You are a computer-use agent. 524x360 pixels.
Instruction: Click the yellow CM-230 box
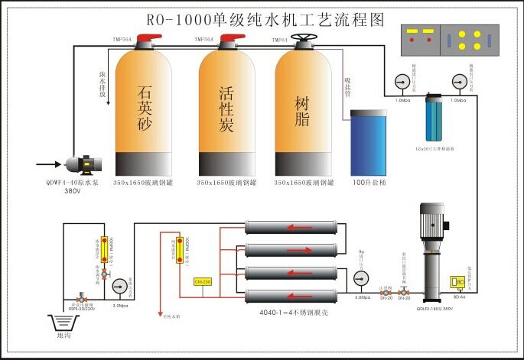tap(203, 282)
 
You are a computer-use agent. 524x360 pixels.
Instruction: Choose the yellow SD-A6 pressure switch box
tap(460, 281)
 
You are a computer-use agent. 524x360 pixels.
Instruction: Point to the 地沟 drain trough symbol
tap(66, 322)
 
